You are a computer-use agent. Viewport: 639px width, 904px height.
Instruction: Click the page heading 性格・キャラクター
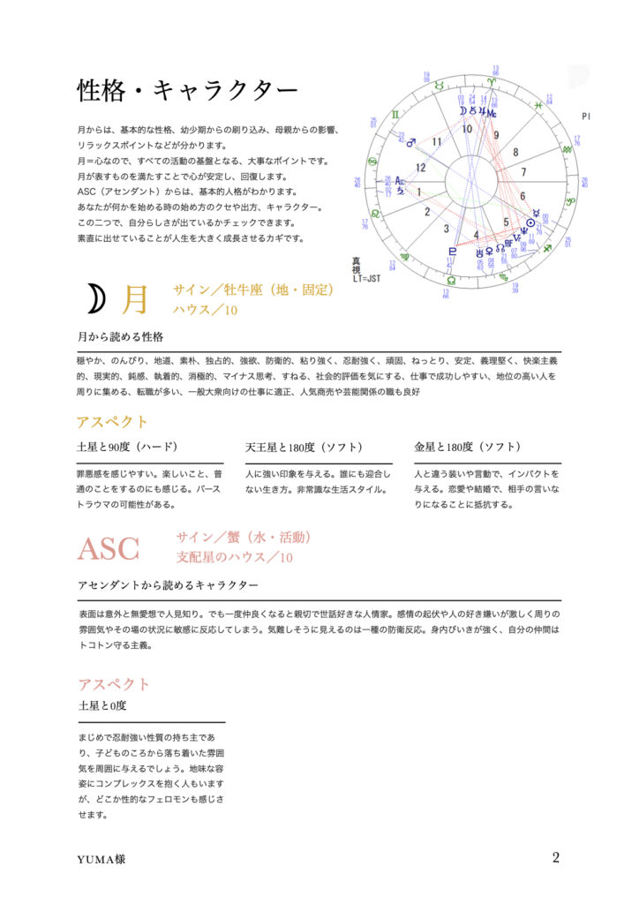[187, 90]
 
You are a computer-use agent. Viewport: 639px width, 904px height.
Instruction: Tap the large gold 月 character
[135, 300]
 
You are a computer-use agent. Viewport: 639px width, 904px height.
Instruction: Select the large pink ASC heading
[108, 549]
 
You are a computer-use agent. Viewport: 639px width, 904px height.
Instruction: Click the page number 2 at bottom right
[556, 857]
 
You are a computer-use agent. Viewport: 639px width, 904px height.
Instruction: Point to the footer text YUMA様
[101, 858]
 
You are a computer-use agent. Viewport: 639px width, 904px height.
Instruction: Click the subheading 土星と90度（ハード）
[128, 447]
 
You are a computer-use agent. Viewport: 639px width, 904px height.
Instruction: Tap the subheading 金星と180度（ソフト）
[467, 447]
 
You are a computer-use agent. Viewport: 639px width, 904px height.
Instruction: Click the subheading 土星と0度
[103, 705]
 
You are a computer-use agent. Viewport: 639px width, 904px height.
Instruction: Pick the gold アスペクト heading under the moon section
[113, 421]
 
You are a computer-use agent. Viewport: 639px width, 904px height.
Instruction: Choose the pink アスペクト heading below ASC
[114, 683]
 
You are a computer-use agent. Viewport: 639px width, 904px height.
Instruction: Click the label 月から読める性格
[120, 336]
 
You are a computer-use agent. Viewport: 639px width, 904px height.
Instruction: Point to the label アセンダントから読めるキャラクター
[168, 585]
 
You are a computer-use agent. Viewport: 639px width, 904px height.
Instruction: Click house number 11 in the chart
[436, 140]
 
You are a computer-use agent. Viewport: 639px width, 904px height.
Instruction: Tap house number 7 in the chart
[524, 171]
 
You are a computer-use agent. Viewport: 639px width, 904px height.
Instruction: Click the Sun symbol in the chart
[530, 222]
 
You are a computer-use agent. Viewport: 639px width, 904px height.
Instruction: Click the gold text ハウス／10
[207, 310]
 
